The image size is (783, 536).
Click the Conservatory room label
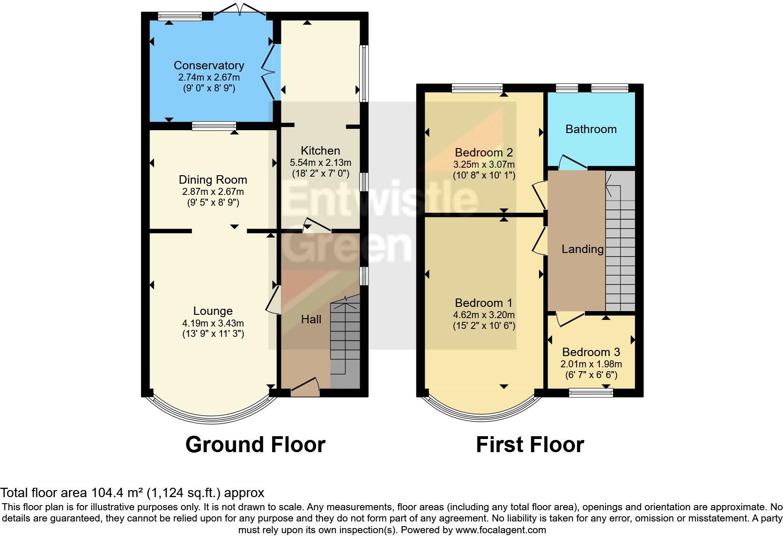tap(209, 66)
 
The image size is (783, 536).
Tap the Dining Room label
tap(213, 180)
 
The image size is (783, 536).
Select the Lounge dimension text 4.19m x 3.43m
tap(213, 323)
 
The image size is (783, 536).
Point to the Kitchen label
tap(320, 151)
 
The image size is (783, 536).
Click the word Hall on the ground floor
tap(311, 320)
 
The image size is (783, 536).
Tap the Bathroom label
tap(591, 129)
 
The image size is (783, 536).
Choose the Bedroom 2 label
tap(484, 153)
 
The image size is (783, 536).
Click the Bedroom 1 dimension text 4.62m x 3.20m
tap(484, 315)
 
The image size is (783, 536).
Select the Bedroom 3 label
tap(591, 352)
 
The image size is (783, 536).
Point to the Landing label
tap(582, 249)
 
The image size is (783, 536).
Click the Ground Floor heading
tap(255, 444)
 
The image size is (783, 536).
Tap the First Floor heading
tap(530, 444)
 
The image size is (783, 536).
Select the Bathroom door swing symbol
tap(572, 162)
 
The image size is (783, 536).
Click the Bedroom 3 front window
tap(591, 393)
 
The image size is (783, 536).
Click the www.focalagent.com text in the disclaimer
tap(501, 530)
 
